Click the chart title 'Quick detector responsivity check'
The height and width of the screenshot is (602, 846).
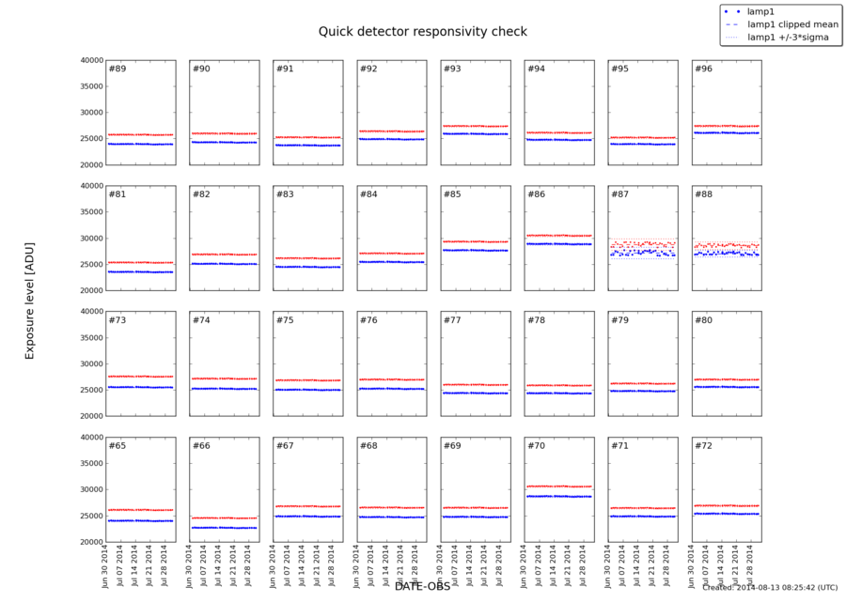(x=422, y=31)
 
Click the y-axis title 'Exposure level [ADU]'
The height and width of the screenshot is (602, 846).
(x=29, y=298)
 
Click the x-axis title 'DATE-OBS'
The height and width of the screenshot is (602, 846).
(x=422, y=586)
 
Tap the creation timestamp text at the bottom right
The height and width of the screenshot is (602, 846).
(x=770, y=588)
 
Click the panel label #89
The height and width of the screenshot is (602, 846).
(x=117, y=69)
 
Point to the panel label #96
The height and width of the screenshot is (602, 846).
(x=703, y=69)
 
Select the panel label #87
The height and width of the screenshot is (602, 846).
(x=619, y=194)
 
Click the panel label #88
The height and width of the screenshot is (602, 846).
(x=703, y=194)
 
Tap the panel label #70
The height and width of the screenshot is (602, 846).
(x=536, y=445)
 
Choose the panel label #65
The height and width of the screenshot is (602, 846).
(x=117, y=445)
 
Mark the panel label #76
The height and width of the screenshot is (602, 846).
(x=368, y=320)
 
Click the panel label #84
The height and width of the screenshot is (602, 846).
(x=368, y=194)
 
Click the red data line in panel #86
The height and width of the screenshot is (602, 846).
(x=559, y=235)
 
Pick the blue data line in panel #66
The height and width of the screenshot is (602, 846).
(x=224, y=528)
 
